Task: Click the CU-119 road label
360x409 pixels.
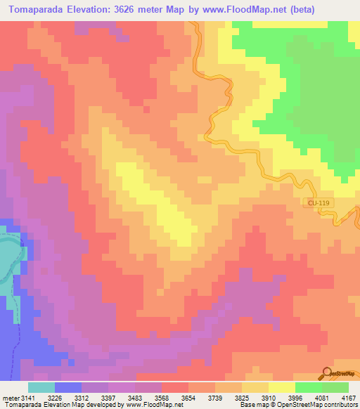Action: tap(319, 202)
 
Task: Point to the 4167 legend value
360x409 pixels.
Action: tap(348, 398)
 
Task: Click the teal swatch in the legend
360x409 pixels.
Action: tap(41, 387)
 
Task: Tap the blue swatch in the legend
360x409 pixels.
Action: tap(68, 387)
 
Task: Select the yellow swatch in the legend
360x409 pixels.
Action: tap(282, 387)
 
